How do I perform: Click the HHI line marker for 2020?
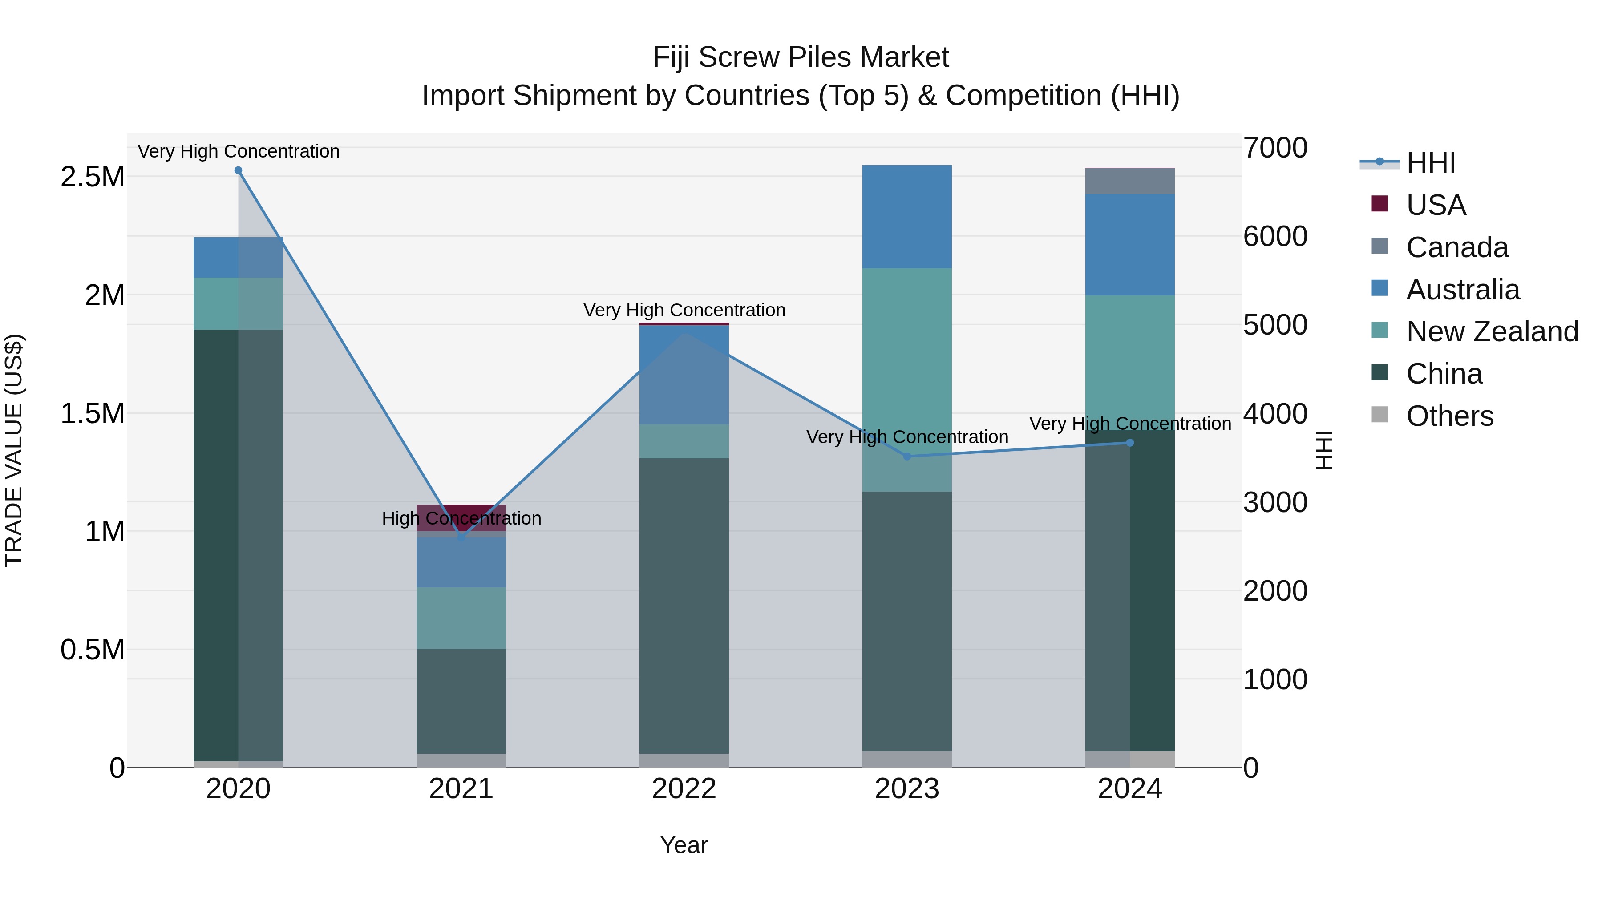coord(238,170)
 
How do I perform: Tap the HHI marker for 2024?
coord(1130,443)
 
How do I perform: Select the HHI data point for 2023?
coord(907,457)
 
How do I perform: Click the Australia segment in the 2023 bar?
coord(907,216)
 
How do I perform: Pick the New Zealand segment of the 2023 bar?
coord(907,379)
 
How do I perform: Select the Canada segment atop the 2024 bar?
coord(1130,181)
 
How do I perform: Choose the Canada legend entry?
coord(1456,247)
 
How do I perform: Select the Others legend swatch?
coord(1379,415)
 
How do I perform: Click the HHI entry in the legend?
coord(1430,163)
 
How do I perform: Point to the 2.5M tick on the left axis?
coord(92,177)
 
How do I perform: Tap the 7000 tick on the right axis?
coord(1275,148)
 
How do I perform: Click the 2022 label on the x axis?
coord(684,789)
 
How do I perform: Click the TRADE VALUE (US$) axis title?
coord(14,450)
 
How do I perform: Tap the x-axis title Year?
coord(684,845)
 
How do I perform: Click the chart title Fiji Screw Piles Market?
coord(801,57)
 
